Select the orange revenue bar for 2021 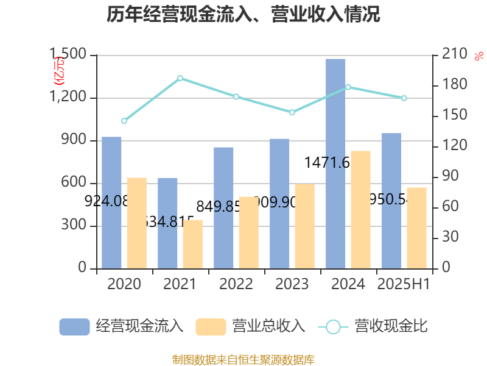[x=193, y=244]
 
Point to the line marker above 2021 [x=180, y=78]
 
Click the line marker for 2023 [x=292, y=112]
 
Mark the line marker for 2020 [x=124, y=121]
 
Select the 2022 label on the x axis [x=236, y=284]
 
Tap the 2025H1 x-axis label [x=404, y=284]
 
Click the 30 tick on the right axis [x=449, y=237]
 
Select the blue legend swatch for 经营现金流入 [x=74, y=327]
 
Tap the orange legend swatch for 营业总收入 [x=211, y=327]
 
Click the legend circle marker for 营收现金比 [x=333, y=327]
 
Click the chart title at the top [x=243, y=14]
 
